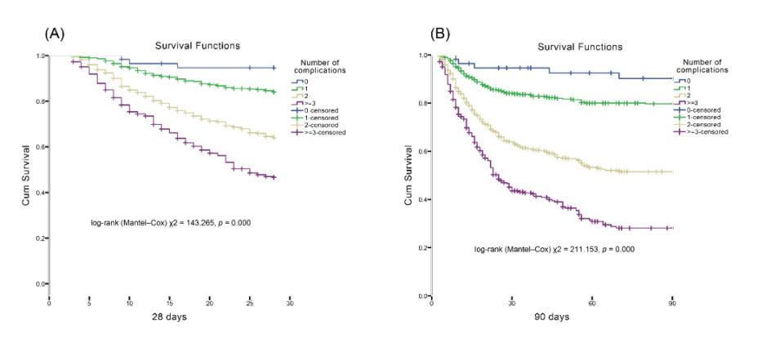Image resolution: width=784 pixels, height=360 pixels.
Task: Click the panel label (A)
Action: pyautogui.click(x=55, y=33)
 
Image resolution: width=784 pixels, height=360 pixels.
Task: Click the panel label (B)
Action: pyautogui.click(x=441, y=33)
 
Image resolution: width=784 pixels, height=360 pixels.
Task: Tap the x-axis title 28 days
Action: pyautogui.click(x=169, y=317)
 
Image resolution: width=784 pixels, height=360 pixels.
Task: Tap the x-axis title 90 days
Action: pyautogui.click(x=552, y=317)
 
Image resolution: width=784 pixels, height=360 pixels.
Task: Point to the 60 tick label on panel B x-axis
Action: pyautogui.click(x=591, y=304)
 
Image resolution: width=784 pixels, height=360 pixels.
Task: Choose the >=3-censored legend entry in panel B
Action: pyautogui.click(x=706, y=131)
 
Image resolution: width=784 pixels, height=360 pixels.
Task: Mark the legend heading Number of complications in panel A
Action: pyautogui.click(x=320, y=67)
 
